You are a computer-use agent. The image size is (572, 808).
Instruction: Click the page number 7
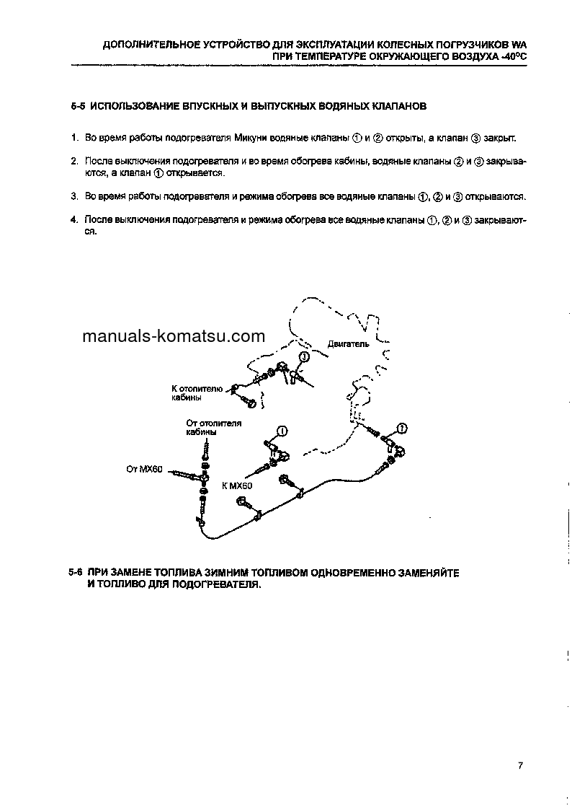[519, 766]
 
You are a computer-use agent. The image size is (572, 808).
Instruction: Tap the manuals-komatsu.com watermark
[174, 336]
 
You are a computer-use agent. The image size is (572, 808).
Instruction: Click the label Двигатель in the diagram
[348, 344]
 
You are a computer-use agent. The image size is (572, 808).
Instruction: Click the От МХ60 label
[146, 470]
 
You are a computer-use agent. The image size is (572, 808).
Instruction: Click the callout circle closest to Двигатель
[304, 357]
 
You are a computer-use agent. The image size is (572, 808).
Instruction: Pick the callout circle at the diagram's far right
[402, 429]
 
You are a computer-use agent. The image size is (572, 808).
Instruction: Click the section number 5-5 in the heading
[79, 105]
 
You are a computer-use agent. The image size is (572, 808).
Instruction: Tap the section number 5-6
[76, 572]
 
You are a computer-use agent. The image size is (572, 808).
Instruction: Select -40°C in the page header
[511, 56]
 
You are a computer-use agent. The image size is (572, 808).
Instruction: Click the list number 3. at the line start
[74, 196]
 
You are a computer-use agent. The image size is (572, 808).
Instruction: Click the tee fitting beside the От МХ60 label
[205, 477]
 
